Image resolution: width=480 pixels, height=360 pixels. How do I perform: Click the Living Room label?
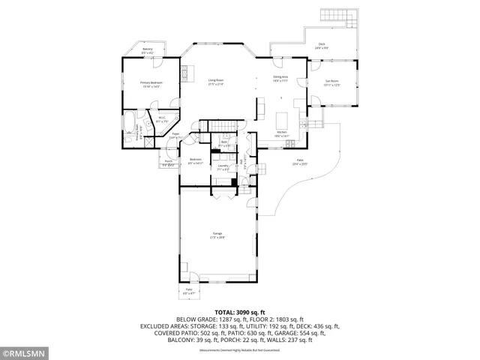click(x=216, y=82)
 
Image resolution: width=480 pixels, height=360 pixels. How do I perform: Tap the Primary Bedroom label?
click(x=151, y=85)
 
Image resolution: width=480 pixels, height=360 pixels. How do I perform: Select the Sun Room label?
click(x=332, y=83)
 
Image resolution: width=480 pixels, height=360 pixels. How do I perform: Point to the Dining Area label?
click(x=281, y=79)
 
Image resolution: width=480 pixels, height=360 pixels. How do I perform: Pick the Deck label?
click(x=322, y=46)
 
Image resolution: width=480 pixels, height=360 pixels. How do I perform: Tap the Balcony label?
click(x=148, y=50)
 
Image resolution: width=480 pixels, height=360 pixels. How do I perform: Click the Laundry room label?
click(x=223, y=167)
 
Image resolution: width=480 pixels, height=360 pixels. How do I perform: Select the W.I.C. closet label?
click(x=162, y=119)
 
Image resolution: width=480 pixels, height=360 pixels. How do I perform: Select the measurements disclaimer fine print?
click(x=240, y=349)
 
